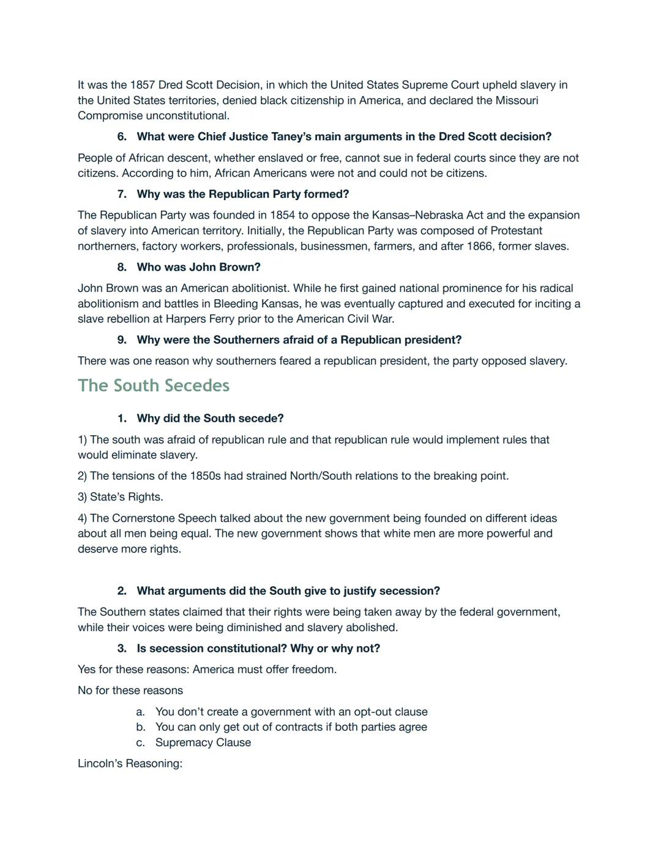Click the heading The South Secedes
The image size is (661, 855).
[x=154, y=386]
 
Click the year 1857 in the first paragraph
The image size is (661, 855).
[x=143, y=85]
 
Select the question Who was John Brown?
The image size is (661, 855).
[x=198, y=267]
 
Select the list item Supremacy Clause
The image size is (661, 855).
[x=203, y=742]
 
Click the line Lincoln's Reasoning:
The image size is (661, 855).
[x=130, y=764]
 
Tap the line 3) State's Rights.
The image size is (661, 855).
[x=120, y=497]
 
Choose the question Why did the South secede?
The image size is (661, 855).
[x=210, y=419]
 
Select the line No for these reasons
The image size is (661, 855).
[x=130, y=690]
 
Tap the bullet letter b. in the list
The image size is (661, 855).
[x=141, y=727]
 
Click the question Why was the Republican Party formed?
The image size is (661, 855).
[x=242, y=194]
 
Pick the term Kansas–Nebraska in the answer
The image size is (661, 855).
[x=417, y=215]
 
